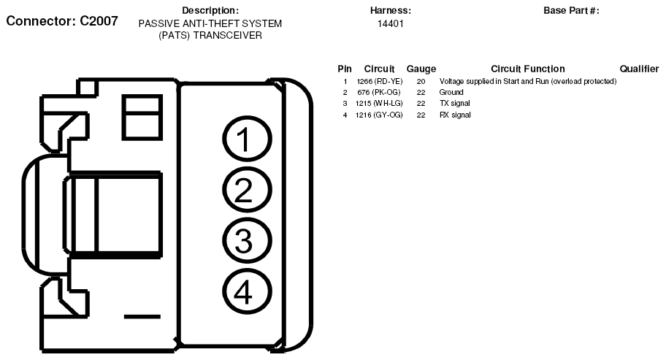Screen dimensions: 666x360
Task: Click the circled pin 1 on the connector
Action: [247, 139]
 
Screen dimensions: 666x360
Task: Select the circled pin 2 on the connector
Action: [247, 190]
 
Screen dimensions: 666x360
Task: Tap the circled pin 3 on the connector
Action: [247, 241]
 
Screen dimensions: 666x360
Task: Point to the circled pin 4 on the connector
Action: [247, 291]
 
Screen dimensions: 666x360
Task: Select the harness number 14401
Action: [391, 24]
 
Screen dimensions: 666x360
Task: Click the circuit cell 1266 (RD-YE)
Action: [379, 81]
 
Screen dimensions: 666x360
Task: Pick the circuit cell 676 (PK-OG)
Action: [378, 92]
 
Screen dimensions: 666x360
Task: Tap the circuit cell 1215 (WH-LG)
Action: [379, 103]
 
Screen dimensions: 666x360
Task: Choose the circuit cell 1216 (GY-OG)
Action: [379, 115]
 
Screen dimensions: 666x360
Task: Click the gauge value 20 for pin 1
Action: [421, 81]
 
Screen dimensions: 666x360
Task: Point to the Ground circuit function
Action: [451, 92]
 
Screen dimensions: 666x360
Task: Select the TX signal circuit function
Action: [454, 103]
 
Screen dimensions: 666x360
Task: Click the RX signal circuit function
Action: [455, 115]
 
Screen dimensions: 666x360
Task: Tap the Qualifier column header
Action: [639, 69]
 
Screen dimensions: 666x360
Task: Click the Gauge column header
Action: [421, 69]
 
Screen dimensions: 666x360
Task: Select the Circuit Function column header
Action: [528, 69]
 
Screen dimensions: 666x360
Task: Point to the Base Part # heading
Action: [571, 11]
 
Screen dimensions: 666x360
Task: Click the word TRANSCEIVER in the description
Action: [228, 35]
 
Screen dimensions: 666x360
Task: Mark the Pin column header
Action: [345, 69]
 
